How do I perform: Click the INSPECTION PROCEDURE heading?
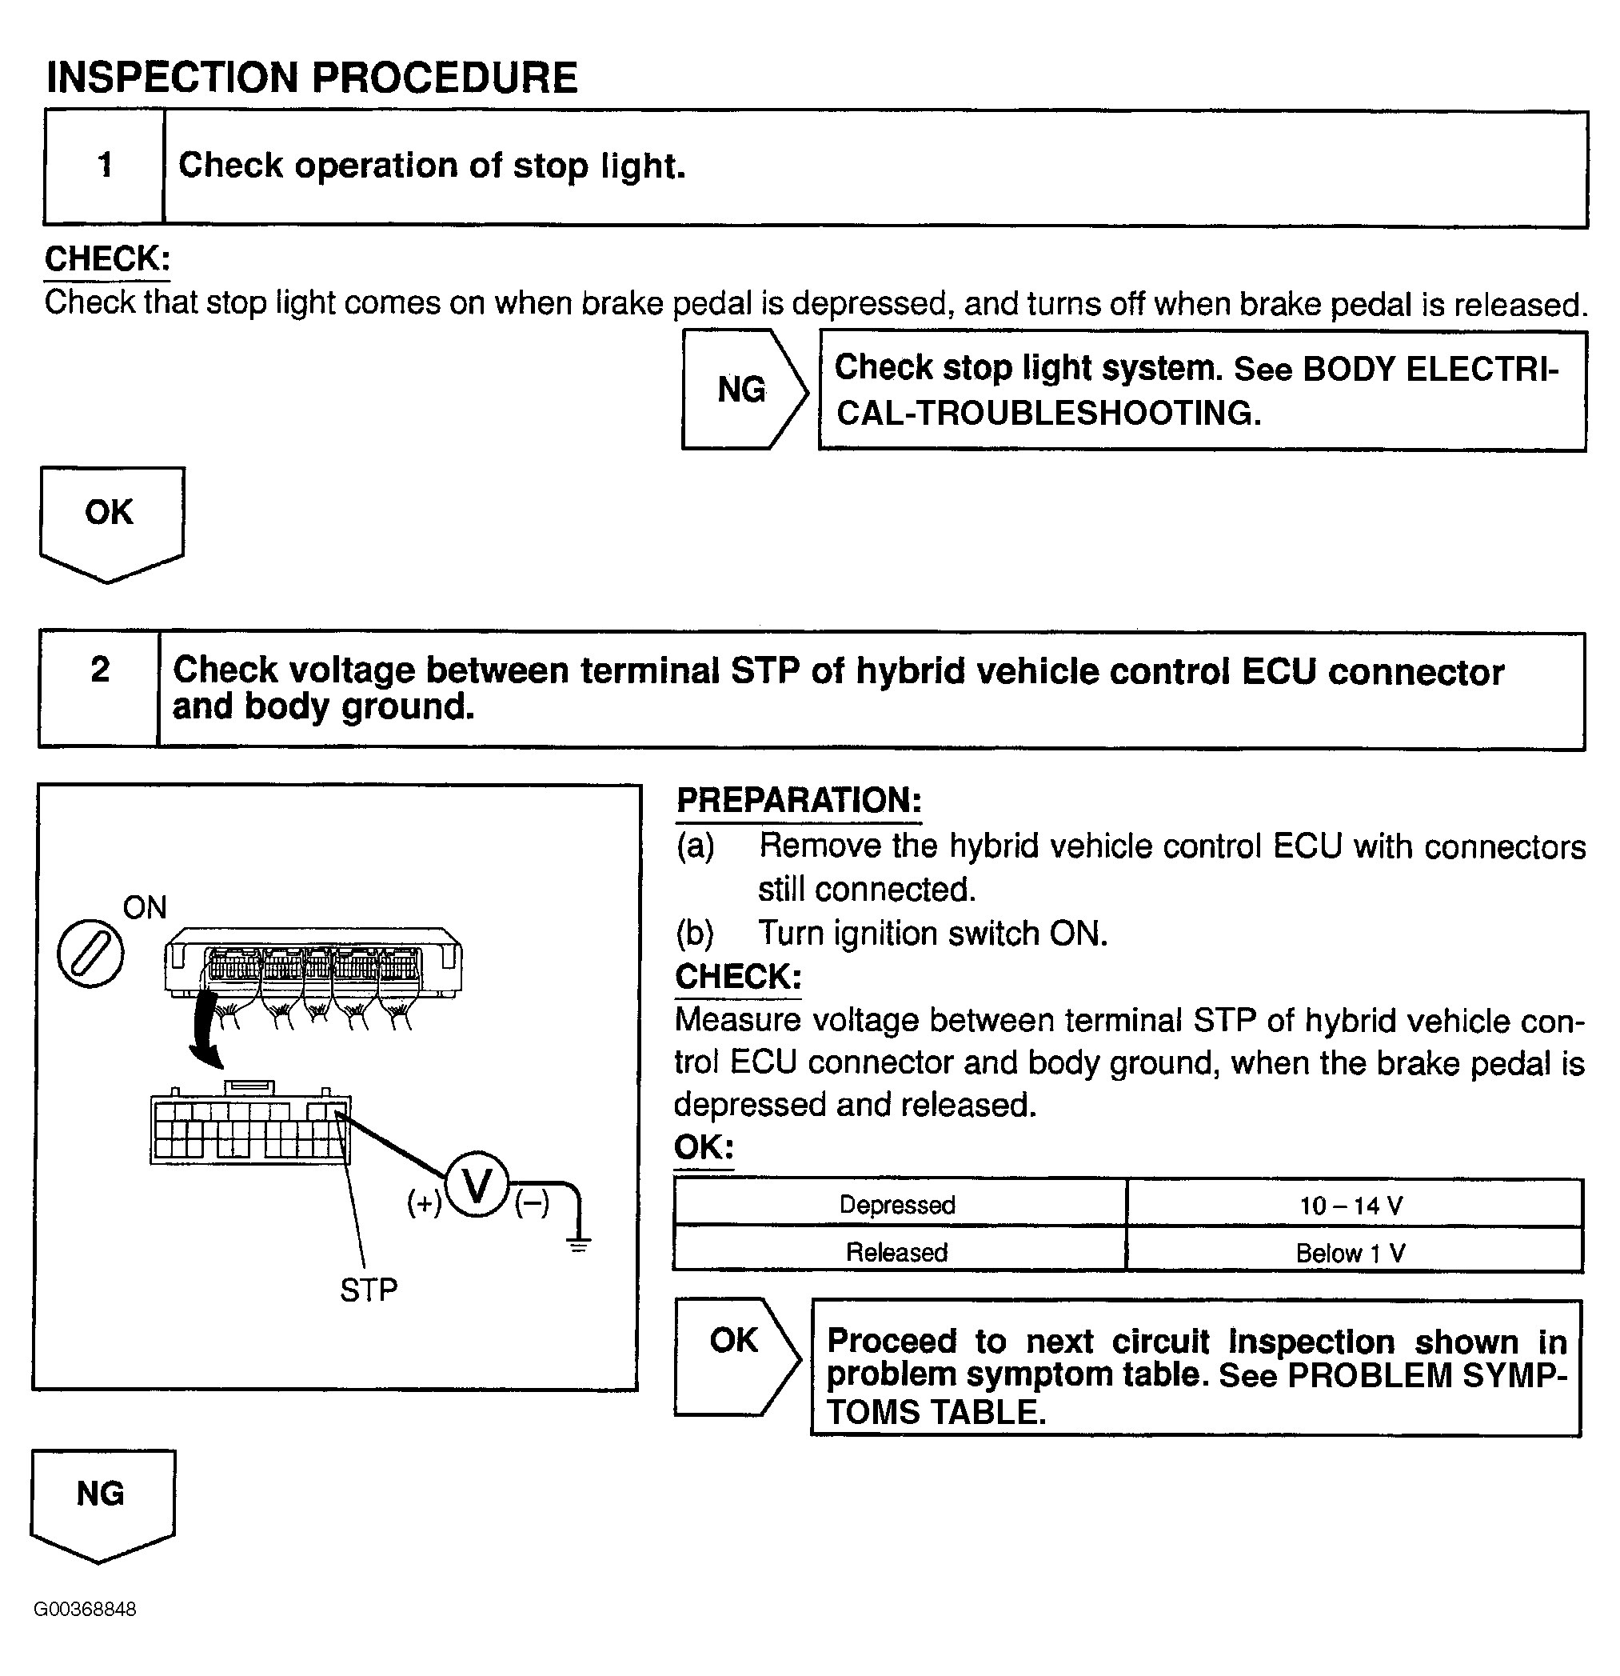pyautogui.click(x=311, y=78)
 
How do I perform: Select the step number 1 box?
pyautogui.click(x=104, y=166)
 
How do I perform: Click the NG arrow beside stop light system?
pyautogui.click(x=742, y=390)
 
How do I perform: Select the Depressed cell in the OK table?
pyautogui.click(x=898, y=1204)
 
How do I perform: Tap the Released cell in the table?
pyautogui.click(x=898, y=1252)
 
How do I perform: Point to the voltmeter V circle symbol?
pyautogui.click(x=477, y=1185)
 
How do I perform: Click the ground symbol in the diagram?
pyautogui.click(x=579, y=1243)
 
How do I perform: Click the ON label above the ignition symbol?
pyautogui.click(x=145, y=907)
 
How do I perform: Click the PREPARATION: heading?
pyautogui.click(x=799, y=800)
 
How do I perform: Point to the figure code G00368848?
pyautogui.click(x=85, y=1610)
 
